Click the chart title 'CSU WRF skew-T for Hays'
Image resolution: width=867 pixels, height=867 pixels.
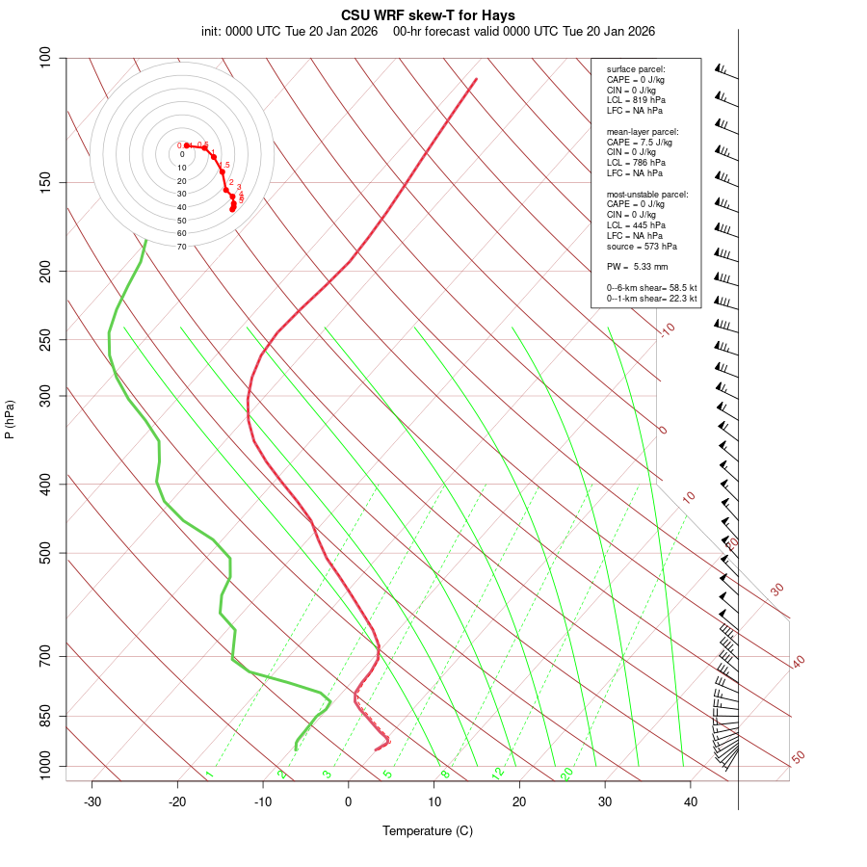pyautogui.click(x=428, y=15)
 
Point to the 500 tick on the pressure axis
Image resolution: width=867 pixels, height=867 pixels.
pyautogui.click(x=46, y=553)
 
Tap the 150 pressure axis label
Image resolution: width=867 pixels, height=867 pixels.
pyautogui.click(x=46, y=182)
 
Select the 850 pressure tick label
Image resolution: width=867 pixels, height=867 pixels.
pyautogui.click(x=46, y=716)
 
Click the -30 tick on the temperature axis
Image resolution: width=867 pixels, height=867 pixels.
pyautogui.click(x=92, y=801)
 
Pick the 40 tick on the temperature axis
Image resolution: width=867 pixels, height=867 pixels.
pyautogui.click(x=691, y=801)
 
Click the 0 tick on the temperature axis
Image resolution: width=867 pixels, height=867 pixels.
pyautogui.click(x=349, y=801)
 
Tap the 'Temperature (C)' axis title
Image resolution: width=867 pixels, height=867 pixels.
pyautogui.click(x=428, y=830)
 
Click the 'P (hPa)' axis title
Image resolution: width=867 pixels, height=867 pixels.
pyautogui.click(x=10, y=420)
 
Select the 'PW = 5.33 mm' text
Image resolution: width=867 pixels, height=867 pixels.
pyautogui.click(x=637, y=267)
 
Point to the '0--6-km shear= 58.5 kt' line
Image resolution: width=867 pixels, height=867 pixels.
pyautogui.click(x=651, y=288)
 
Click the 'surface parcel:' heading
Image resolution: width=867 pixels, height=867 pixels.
pyautogui.click(x=636, y=69)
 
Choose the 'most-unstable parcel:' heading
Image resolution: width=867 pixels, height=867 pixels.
pyautogui.click(x=647, y=195)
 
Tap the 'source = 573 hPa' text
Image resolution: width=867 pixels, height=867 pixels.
pyautogui.click(x=643, y=246)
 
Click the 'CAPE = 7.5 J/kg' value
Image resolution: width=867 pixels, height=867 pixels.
pyautogui.click(x=639, y=142)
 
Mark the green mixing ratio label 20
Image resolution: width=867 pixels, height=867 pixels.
pyautogui.click(x=566, y=773)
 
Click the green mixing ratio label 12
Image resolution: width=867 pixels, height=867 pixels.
pyautogui.click(x=498, y=773)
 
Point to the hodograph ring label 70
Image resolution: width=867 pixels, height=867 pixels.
pyautogui.click(x=181, y=247)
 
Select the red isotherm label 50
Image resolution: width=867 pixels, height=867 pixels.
pyautogui.click(x=798, y=757)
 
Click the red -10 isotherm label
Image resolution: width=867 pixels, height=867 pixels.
pyautogui.click(x=667, y=329)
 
